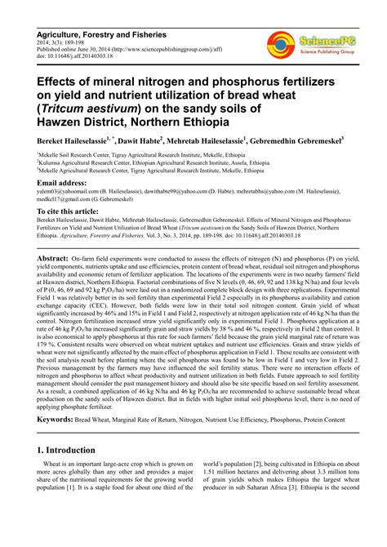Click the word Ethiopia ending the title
(203, 122)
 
